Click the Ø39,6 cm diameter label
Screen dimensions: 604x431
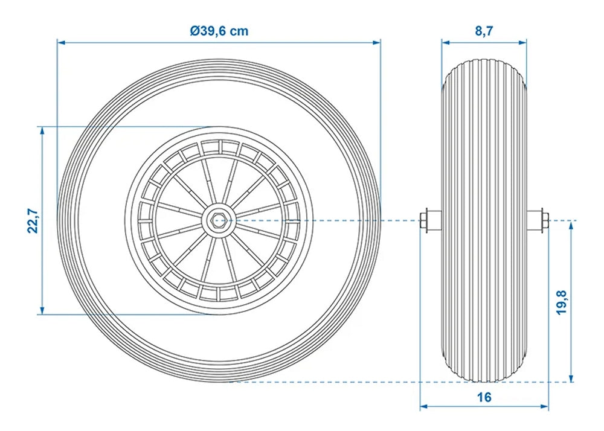coord(219,30)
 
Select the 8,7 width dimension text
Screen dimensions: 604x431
coord(484,30)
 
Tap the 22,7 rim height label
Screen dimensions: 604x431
coord(33,220)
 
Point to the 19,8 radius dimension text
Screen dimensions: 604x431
coord(562,302)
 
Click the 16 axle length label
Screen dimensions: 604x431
coord(484,397)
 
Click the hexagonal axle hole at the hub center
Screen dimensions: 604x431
coord(216,220)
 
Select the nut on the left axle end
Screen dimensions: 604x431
coord(424,220)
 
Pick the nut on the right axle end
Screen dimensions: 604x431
coord(544,220)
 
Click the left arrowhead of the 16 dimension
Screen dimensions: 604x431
coord(424,406)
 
